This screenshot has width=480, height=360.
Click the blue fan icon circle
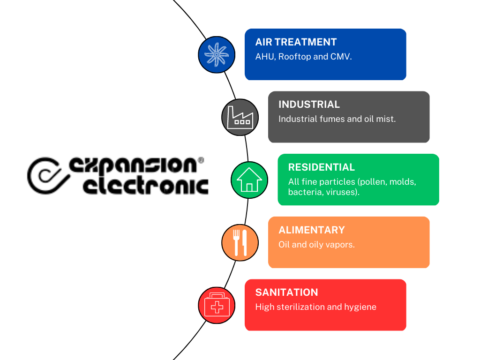point(217,55)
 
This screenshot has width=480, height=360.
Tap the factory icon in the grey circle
point(240,117)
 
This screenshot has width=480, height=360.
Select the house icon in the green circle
point(249,180)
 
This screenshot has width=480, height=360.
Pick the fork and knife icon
point(240,242)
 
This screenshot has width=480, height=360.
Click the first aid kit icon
point(217,305)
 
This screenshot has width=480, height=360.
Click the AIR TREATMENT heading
point(296,42)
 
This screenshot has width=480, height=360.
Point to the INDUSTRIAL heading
point(309,105)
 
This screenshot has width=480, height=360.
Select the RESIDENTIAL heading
point(322,167)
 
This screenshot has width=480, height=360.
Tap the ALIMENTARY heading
point(311,230)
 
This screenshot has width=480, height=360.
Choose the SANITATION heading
point(286,292)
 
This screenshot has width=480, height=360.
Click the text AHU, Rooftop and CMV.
point(303,57)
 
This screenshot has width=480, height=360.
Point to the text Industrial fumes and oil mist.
point(337,119)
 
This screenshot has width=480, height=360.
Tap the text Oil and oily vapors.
point(316,245)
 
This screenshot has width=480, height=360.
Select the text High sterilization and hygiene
point(315,307)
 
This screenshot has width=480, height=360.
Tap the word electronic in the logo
point(145,186)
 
